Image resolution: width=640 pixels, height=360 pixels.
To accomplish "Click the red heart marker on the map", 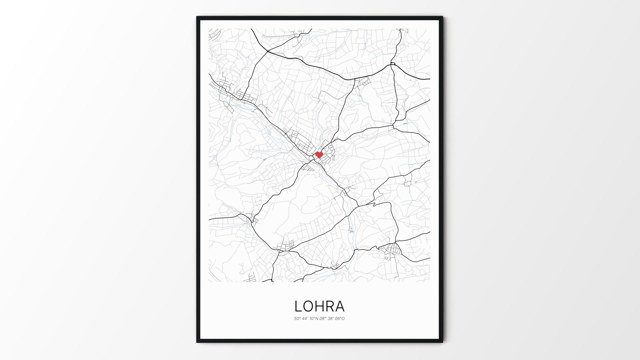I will pyautogui.click(x=319, y=155).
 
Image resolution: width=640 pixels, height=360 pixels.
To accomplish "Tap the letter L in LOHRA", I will pyautogui.click(x=298, y=306).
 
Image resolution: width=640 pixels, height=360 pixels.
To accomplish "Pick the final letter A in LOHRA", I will pyautogui.click(x=340, y=306).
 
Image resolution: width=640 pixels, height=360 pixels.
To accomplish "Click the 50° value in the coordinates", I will pyautogui.click(x=297, y=319).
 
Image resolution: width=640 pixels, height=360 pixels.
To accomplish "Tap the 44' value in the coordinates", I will pyautogui.click(x=305, y=319).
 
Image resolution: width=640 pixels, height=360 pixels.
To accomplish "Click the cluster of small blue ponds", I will pyautogui.click(x=351, y=229).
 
